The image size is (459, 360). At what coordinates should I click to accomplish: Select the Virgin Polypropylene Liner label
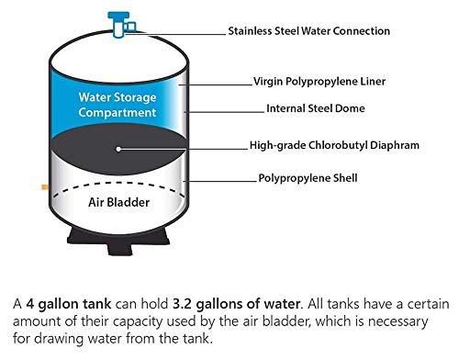click(319, 82)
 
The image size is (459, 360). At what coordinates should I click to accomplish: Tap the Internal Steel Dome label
click(315, 108)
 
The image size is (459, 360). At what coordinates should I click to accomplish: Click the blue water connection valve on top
click(118, 22)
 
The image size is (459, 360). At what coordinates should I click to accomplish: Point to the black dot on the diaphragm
click(118, 147)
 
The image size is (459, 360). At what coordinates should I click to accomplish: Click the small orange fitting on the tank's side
click(45, 186)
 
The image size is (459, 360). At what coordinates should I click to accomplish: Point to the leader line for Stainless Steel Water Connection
click(179, 31)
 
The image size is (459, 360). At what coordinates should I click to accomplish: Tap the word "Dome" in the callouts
click(350, 108)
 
